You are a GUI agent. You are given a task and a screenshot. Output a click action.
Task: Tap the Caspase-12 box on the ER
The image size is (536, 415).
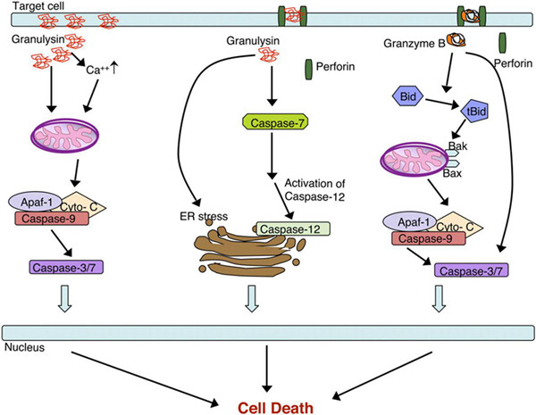(290, 229)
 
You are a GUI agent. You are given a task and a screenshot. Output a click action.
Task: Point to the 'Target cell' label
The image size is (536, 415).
(28, 7)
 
